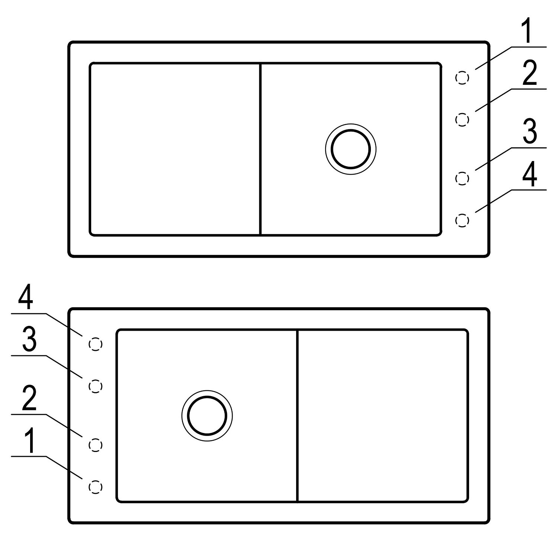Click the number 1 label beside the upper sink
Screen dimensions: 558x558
coord(528,32)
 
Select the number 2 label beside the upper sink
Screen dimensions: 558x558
coord(530,74)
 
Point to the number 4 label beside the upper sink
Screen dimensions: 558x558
coord(530,174)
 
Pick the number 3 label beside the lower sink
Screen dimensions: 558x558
coord(29,340)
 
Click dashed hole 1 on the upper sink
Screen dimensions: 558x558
coord(462,78)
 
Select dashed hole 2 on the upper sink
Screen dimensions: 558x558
coord(462,119)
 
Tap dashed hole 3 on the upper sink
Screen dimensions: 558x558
coord(462,179)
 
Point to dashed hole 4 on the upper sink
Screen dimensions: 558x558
coord(462,220)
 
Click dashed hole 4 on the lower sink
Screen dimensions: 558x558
coord(96,344)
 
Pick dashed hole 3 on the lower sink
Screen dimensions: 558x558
coord(96,387)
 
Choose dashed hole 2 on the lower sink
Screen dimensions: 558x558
coord(96,445)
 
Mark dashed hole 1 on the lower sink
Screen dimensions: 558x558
coord(96,487)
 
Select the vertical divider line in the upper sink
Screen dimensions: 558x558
coord(260,149)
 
